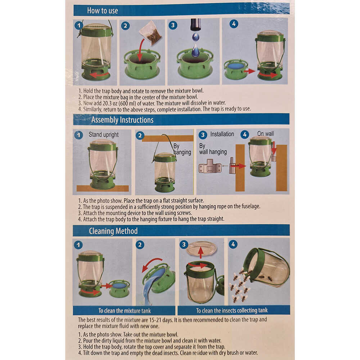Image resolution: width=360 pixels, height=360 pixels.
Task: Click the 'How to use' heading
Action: [102, 10]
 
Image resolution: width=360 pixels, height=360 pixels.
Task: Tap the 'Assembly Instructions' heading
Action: [122, 120]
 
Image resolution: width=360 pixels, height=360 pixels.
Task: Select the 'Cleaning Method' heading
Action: [113, 231]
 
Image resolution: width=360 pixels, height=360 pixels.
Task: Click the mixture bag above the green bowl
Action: [150, 33]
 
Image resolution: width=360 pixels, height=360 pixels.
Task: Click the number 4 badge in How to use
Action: [234, 24]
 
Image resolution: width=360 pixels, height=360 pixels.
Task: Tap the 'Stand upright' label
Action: [104, 135]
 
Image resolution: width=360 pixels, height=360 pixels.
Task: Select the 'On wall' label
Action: [265, 134]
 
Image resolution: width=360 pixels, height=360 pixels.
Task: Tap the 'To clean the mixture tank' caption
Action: [125, 311]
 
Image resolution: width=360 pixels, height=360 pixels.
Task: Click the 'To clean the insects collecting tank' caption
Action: [231, 310]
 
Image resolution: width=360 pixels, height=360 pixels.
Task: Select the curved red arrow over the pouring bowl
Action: [151, 264]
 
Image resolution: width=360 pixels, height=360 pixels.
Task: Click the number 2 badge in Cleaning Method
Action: [140, 245]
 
